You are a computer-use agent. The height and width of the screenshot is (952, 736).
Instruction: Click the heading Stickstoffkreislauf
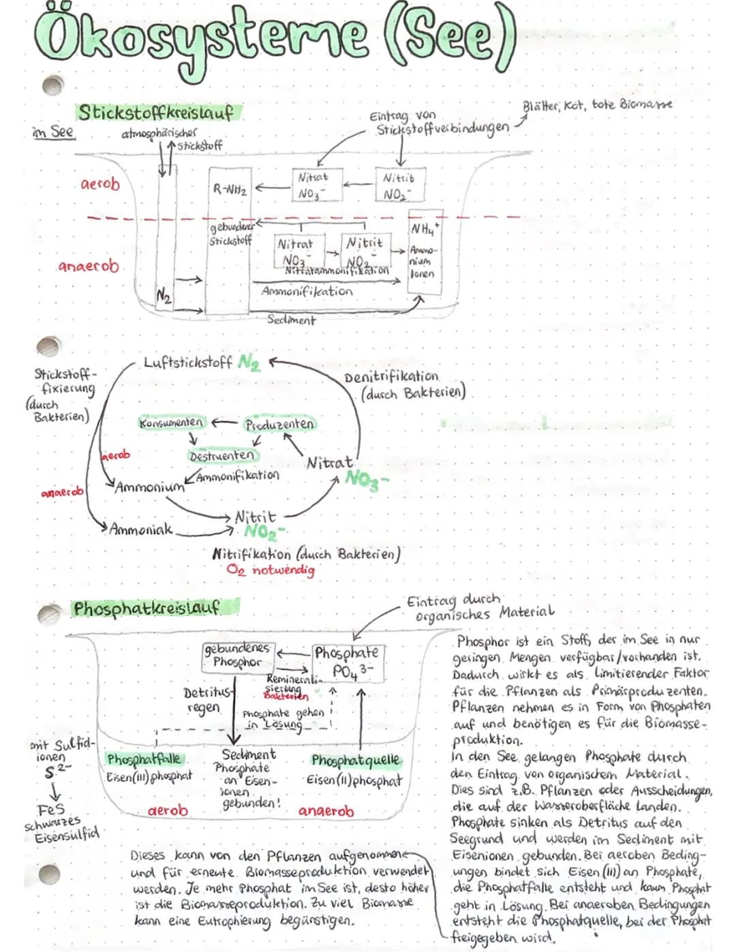point(155,112)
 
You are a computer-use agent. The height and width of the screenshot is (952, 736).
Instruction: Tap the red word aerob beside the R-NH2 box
point(100,184)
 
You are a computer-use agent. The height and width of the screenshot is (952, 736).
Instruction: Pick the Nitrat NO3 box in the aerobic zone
point(314,185)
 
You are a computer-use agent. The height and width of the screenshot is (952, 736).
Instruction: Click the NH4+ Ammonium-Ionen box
point(424,251)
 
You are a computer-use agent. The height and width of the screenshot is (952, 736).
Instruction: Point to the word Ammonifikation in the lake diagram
point(307,291)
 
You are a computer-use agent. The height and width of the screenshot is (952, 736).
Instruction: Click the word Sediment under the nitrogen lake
point(291,319)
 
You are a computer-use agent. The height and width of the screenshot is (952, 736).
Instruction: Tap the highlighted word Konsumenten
point(171,423)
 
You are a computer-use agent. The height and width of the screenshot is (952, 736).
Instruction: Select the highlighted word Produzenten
point(279,424)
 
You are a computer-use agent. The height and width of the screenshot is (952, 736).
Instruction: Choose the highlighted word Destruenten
point(222,455)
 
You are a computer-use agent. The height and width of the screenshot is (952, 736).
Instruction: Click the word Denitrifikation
point(391,377)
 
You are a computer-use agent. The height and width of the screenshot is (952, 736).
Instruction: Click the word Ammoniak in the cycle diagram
point(141,529)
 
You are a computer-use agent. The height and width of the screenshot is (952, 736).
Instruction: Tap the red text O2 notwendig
point(271,570)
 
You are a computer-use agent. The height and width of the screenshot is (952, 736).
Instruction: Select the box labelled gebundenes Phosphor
point(237,655)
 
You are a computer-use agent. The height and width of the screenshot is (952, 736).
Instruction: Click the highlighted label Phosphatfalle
point(146,759)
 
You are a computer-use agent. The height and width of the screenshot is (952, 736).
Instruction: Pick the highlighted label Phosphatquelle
point(356,760)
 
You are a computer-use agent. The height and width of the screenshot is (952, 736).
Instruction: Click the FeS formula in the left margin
point(50,809)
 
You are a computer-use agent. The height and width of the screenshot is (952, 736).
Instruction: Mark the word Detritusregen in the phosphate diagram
point(202,701)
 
